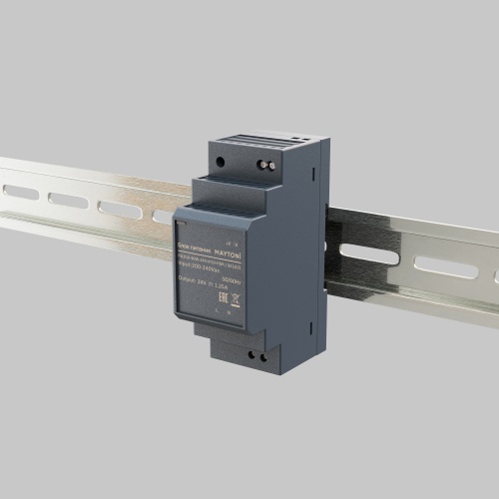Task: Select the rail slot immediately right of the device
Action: [371, 253]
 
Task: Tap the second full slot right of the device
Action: [445, 266]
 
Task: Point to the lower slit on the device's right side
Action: [325, 244]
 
